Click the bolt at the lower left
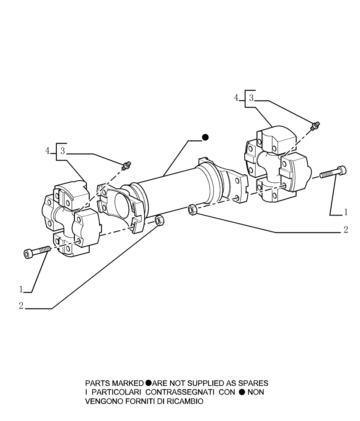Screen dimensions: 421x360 point(36,252)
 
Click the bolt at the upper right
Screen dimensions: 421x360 point(334,172)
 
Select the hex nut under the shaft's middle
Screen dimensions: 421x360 point(192,210)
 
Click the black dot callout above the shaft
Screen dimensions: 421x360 point(205,137)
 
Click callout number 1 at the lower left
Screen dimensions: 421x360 point(21,289)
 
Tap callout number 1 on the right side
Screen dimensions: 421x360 point(346,212)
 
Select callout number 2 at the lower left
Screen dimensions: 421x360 point(21,306)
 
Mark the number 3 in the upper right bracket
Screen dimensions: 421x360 point(251,99)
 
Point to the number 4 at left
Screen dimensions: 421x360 point(48,151)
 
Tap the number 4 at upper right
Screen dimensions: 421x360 point(237,98)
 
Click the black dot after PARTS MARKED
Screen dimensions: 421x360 point(148,384)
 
